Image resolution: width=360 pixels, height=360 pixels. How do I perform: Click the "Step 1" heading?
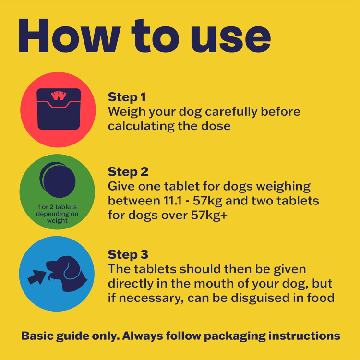pyautogui.click(x=127, y=97)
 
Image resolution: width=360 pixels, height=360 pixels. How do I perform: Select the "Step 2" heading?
pyautogui.click(x=128, y=172)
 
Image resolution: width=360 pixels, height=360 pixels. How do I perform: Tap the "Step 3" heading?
pyautogui.click(x=128, y=254)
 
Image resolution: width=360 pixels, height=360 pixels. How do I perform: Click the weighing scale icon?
pyautogui.click(x=59, y=109)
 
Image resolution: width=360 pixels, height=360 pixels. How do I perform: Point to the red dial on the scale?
pyautogui.click(x=58, y=96)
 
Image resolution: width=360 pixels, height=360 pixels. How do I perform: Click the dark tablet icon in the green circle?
pyautogui.click(x=58, y=180)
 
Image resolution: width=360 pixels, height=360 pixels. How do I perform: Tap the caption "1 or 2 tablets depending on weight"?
pyautogui.click(x=57, y=214)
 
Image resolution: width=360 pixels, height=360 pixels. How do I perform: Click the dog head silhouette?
pyautogui.click(x=67, y=274)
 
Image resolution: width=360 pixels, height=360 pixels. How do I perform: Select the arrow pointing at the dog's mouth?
pyautogui.click(x=36, y=277)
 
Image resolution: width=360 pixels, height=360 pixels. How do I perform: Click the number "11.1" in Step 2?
pyautogui.click(x=173, y=201)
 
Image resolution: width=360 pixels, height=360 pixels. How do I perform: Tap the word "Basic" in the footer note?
pyautogui.click(x=34, y=336)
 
